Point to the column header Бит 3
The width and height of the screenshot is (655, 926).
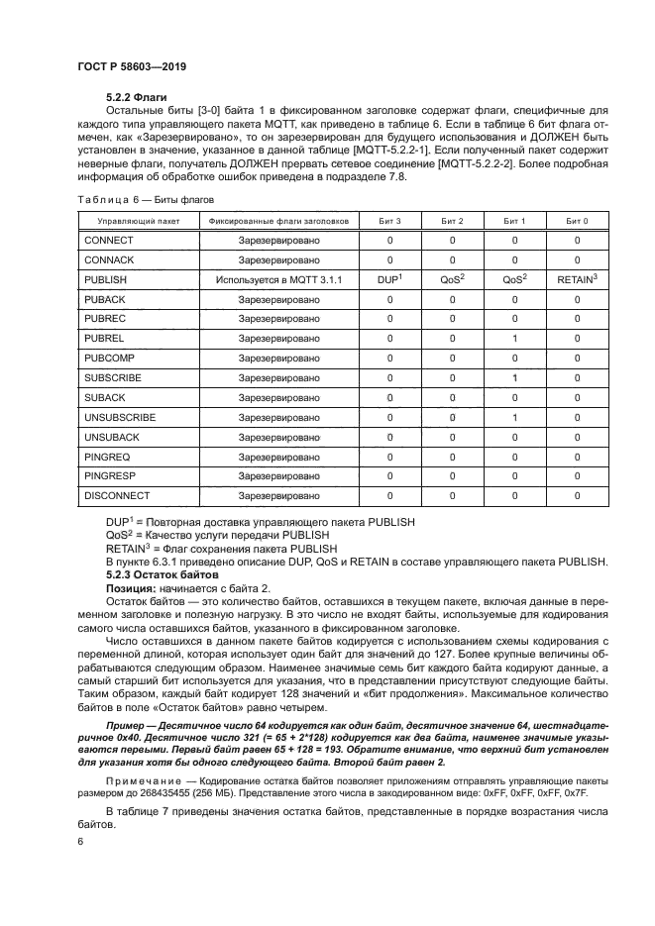click(389, 221)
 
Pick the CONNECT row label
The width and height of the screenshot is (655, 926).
click(109, 241)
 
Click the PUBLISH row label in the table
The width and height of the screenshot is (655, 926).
click(107, 280)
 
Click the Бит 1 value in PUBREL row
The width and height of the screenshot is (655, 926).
click(515, 339)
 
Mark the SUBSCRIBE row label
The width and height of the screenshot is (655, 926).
click(113, 378)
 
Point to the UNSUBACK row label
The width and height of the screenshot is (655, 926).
click(112, 437)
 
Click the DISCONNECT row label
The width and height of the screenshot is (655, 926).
click(117, 495)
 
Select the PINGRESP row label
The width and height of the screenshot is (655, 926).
click(111, 475)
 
